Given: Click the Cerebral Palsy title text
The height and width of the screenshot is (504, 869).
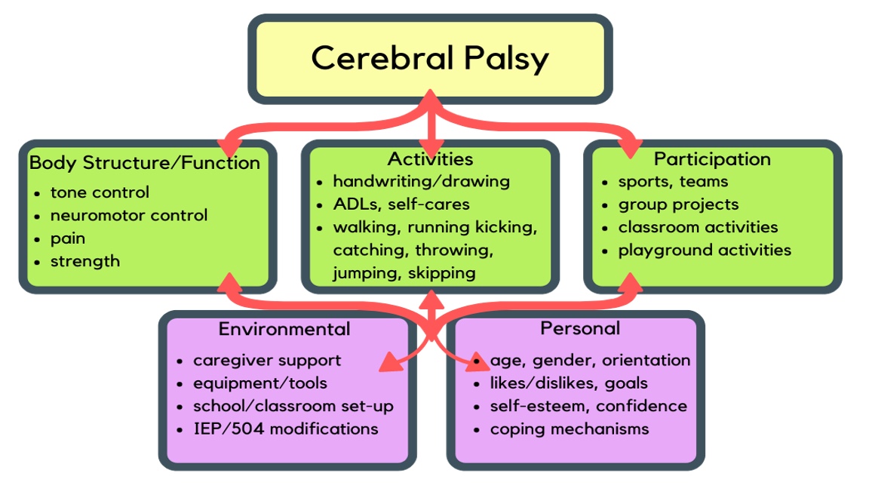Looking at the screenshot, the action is point(430,59).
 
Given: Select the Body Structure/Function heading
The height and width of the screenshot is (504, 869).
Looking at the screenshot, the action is point(145,162).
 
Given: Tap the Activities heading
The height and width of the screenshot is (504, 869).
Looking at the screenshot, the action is point(430,159).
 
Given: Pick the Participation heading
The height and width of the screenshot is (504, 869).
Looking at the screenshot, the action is point(712,160).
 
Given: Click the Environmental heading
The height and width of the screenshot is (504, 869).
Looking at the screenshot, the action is point(284,329).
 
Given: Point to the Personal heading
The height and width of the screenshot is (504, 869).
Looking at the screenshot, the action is point(580,328).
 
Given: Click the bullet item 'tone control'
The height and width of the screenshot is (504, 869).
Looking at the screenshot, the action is point(100,192).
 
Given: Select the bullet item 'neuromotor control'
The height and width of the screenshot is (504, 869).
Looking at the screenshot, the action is point(129,215).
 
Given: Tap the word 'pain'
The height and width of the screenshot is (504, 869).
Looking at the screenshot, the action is point(68,239).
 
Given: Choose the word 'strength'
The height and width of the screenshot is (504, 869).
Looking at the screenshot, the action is point(85,261).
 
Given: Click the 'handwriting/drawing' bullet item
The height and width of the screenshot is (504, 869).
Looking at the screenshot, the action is point(421,182).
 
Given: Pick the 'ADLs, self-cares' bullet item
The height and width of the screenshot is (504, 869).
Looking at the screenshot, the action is point(401,204).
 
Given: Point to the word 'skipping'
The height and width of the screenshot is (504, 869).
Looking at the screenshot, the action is point(442,273).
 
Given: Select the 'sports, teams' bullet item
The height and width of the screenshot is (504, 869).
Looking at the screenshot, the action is point(674,182).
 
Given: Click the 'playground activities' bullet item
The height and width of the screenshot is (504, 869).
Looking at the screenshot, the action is point(705,250).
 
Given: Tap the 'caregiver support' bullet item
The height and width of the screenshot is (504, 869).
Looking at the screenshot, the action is point(267,361).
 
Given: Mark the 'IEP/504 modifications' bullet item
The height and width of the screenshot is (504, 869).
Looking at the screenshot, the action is point(286,429).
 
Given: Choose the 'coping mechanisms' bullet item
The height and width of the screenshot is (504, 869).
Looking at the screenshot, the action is point(570,429).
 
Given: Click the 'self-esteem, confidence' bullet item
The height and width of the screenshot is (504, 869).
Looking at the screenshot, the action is point(588,406).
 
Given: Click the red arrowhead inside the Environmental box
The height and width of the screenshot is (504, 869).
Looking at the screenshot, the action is point(392,361).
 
